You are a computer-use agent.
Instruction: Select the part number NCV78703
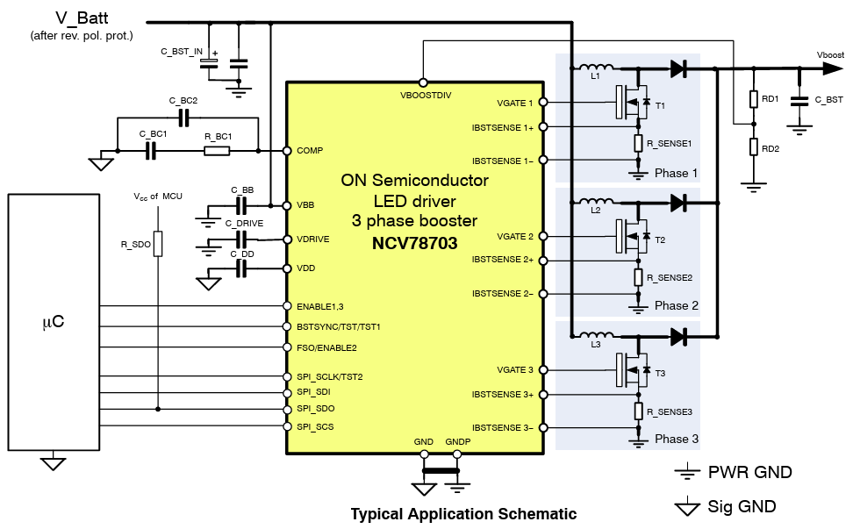click(x=414, y=243)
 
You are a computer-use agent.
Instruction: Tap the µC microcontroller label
click(x=53, y=322)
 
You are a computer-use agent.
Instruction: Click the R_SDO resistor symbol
click(x=158, y=244)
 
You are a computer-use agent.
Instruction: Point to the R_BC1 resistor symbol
click(x=217, y=151)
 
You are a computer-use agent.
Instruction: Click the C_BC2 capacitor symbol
click(x=184, y=118)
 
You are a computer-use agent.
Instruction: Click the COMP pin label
click(x=310, y=151)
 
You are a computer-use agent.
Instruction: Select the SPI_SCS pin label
click(x=315, y=426)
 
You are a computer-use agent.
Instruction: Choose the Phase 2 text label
click(x=677, y=305)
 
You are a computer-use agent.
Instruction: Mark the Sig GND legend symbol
click(x=686, y=506)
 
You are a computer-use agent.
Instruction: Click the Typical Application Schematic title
click(x=463, y=514)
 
